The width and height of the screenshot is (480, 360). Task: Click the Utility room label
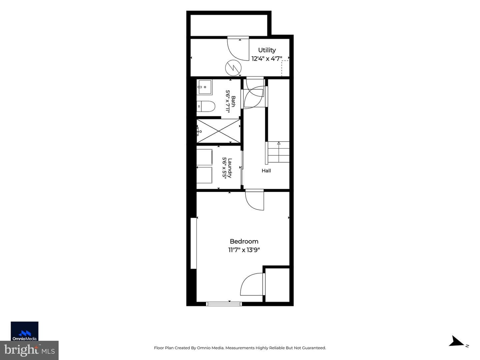coord(267,50)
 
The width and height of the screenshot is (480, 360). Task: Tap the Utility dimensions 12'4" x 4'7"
coord(267,59)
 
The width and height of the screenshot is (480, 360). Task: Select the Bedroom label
coord(244,241)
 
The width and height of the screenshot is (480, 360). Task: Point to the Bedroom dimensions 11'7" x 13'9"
coord(244,250)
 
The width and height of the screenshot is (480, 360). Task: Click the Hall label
coord(266,171)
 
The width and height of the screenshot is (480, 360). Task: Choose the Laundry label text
coord(230,168)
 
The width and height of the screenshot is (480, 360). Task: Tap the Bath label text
coord(233,101)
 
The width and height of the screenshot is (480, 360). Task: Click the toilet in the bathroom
coord(206,106)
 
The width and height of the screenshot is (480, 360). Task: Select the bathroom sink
coord(204,87)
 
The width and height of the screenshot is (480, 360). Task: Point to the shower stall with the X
coord(218,131)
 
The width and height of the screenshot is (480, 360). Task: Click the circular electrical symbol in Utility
coord(233,68)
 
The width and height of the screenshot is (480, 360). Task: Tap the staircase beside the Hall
coord(277,152)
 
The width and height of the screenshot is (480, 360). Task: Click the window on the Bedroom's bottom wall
coord(224,304)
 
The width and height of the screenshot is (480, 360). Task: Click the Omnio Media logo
coord(24,331)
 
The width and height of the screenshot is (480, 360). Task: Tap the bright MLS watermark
coord(29,350)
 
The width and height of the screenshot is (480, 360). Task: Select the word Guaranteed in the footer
coord(314,348)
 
